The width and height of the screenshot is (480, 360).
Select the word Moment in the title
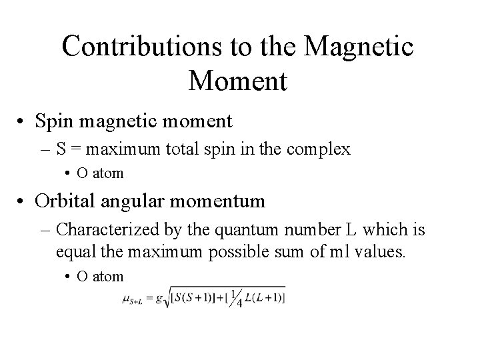[x=238, y=81]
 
